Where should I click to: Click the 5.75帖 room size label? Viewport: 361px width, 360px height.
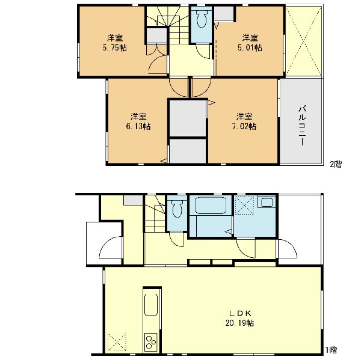point(115,47)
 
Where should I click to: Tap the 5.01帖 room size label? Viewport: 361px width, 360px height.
point(250,47)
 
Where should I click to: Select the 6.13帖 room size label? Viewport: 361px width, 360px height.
point(138,126)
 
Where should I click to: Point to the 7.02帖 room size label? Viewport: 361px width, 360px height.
point(244,126)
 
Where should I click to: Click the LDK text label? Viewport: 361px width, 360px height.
point(239,313)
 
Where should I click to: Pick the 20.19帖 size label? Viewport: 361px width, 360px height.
point(239,323)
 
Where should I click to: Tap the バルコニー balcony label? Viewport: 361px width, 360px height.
point(303,126)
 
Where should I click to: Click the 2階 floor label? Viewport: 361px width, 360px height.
point(336,164)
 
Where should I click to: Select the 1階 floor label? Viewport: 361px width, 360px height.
point(332,350)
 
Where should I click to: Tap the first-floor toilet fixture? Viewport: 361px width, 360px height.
point(177,209)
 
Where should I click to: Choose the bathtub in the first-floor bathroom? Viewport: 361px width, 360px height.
point(211,205)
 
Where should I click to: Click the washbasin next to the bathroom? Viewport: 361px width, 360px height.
point(267,203)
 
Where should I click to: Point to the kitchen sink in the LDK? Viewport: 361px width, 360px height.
point(151,305)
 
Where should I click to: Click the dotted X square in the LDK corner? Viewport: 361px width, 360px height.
point(117,343)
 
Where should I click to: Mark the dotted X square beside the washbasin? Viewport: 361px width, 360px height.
point(244,205)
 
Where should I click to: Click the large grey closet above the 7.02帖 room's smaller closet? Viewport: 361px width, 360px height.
point(188,118)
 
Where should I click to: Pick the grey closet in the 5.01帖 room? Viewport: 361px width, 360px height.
point(224,14)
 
